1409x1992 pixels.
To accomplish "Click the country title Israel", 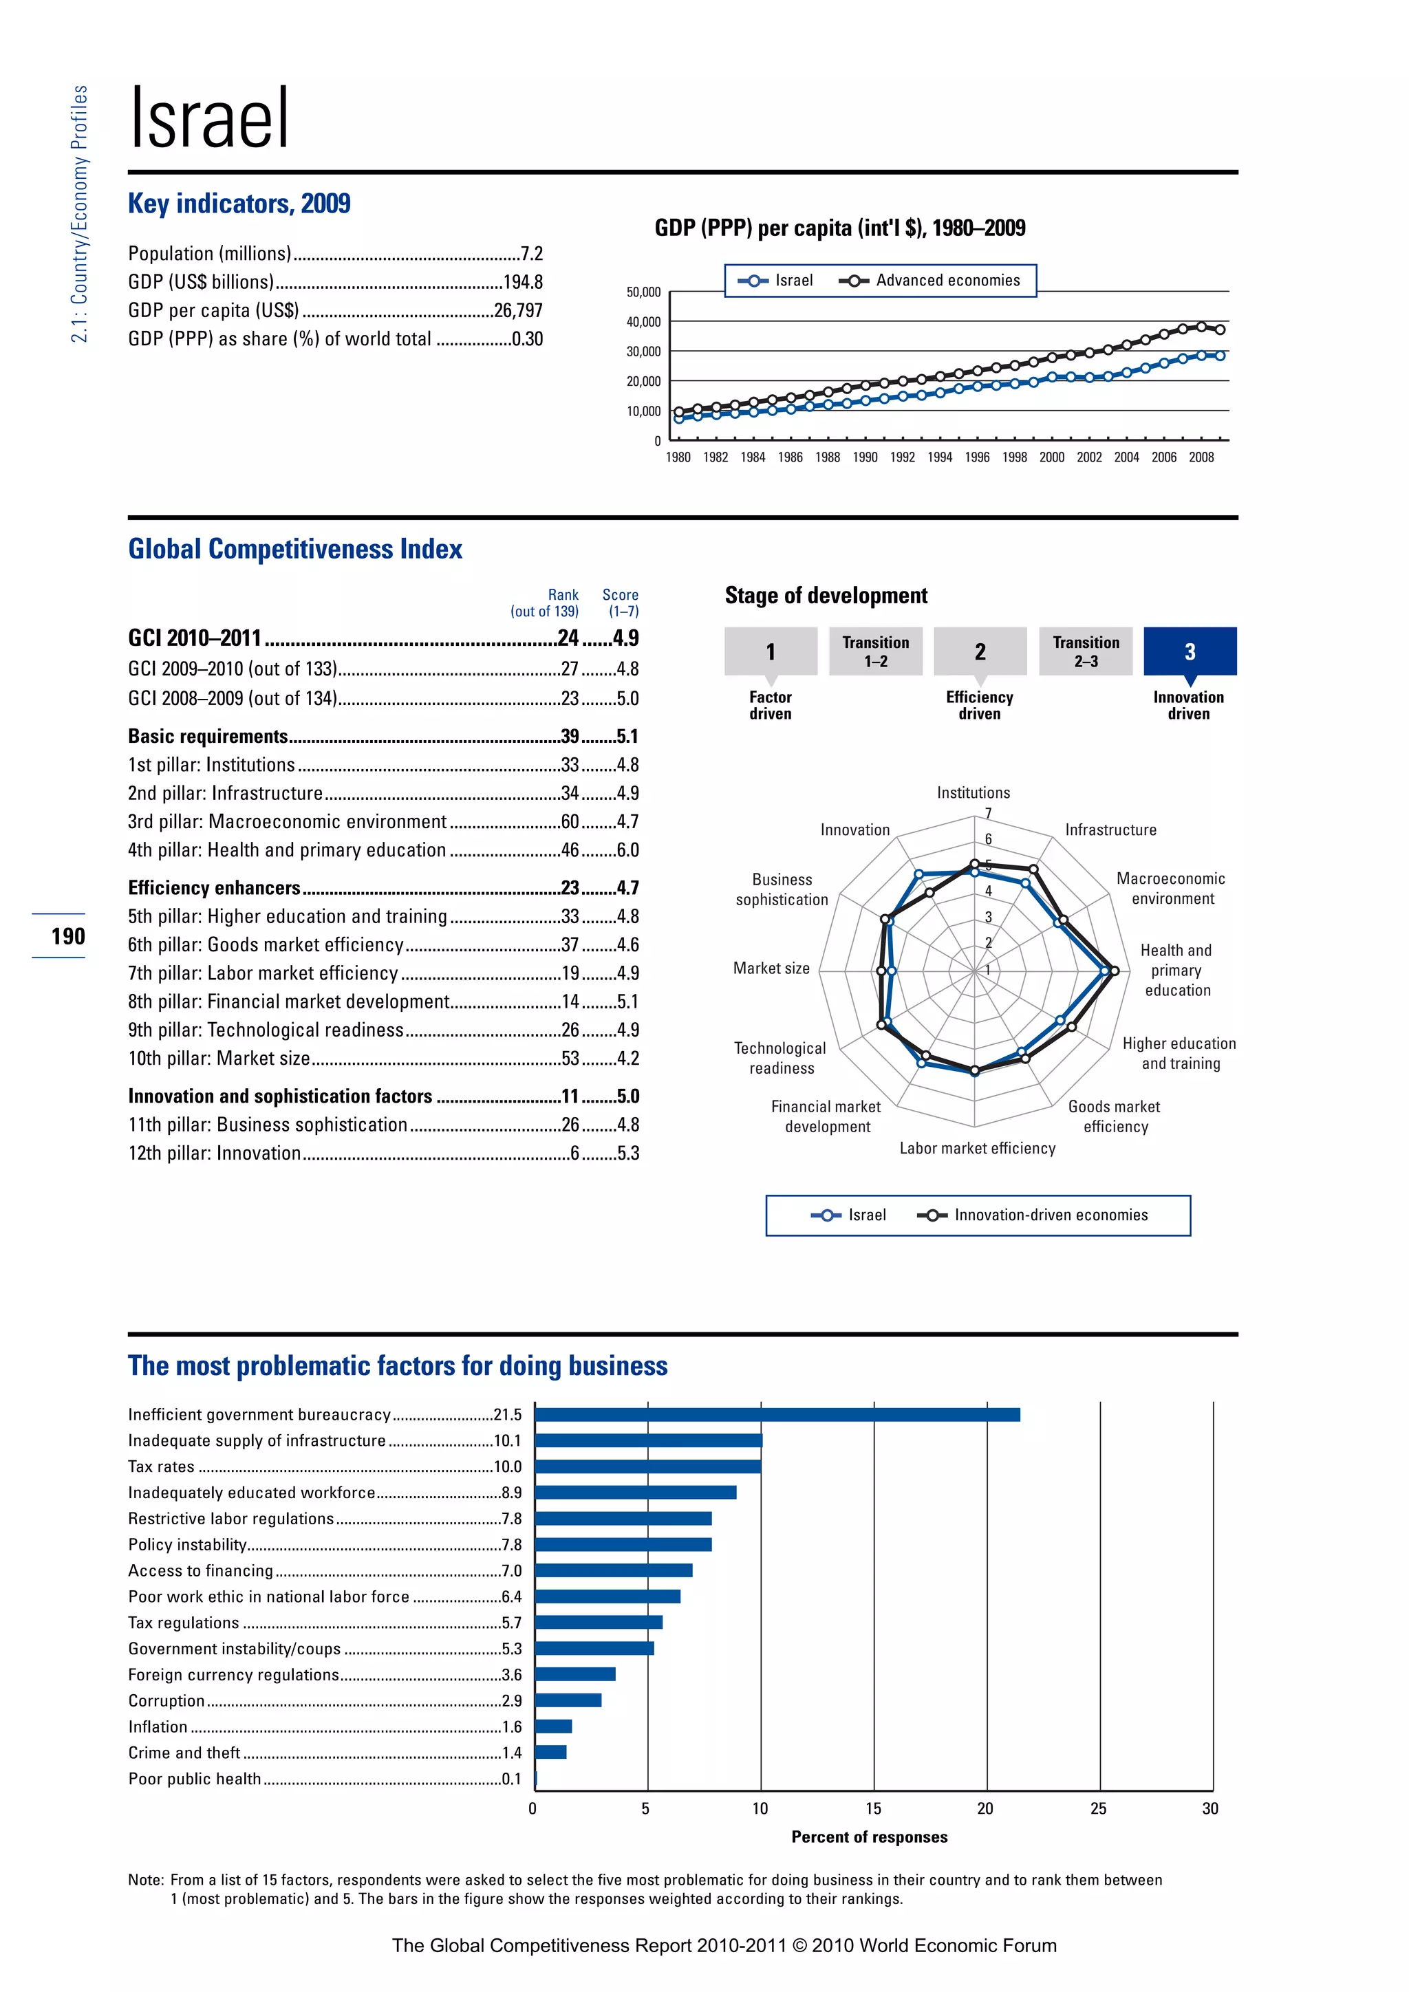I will tap(209, 119).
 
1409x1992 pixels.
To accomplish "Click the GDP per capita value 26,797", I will tap(518, 311).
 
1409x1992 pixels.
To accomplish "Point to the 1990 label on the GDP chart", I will tap(864, 457).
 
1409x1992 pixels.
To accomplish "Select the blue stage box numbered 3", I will tap(1190, 651).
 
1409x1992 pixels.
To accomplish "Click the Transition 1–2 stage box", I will tap(875, 651).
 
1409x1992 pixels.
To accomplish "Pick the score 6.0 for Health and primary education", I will tap(627, 850).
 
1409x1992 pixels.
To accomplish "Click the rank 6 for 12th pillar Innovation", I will tap(574, 1153).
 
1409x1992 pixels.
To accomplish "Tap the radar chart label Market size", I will tap(771, 968).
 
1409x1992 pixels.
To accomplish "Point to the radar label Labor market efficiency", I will tap(977, 1148).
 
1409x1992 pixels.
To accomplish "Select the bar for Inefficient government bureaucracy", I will tap(777, 1415).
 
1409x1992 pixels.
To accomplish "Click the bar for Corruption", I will tap(568, 1700).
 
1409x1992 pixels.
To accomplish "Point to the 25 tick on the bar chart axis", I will tap(1099, 1809).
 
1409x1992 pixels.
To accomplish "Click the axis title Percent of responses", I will tap(870, 1837).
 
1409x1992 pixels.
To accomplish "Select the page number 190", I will tap(67, 936).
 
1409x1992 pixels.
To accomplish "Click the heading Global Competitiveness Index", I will tap(295, 549).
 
